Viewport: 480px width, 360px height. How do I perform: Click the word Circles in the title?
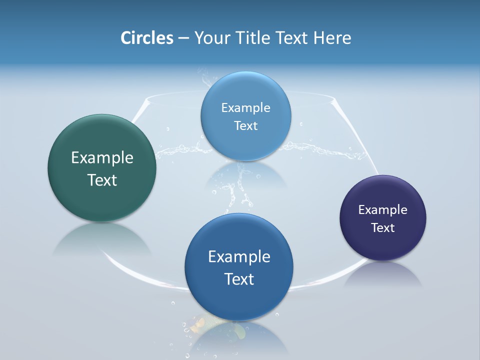point(146,38)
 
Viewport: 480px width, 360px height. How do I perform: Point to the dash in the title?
point(183,38)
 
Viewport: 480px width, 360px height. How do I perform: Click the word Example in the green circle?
point(102,157)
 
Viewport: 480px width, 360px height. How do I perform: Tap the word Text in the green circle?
point(102,180)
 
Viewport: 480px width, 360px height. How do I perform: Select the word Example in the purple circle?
point(383,210)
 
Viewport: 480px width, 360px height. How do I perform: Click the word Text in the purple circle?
point(383,228)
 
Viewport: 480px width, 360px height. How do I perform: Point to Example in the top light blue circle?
point(246,108)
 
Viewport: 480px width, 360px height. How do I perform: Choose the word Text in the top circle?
point(246,126)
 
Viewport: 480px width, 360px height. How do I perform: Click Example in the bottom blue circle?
point(239,256)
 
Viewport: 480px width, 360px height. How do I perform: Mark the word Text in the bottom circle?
point(239,279)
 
